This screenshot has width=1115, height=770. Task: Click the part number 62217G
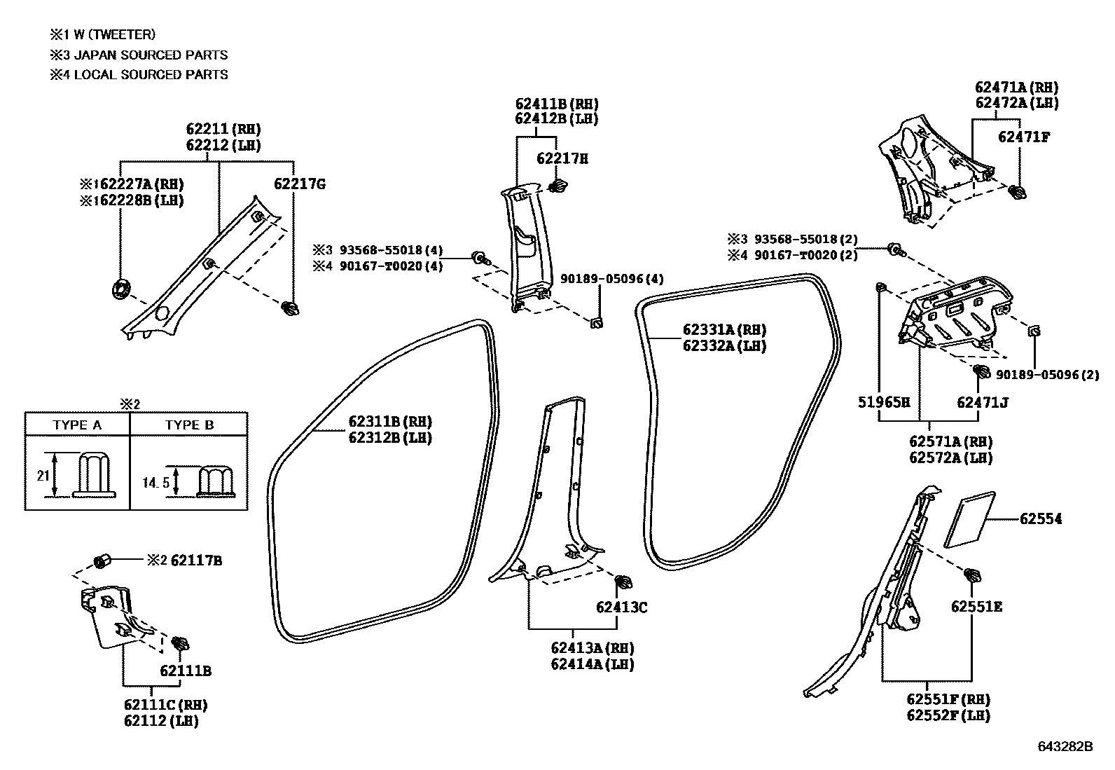[x=299, y=185]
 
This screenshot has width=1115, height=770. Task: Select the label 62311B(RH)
[x=389, y=422]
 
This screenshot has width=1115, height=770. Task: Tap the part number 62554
[x=1040, y=519]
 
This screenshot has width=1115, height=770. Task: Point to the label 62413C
[x=622, y=607]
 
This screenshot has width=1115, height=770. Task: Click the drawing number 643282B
[x=1065, y=747]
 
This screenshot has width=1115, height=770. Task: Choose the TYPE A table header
[x=77, y=425]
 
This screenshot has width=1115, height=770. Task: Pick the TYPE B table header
[x=189, y=425]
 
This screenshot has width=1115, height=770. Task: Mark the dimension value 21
[x=43, y=476]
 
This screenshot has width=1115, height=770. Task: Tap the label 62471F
[x=1024, y=137]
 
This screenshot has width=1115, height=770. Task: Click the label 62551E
[x=976, y=607]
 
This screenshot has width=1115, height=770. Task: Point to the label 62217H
[x=562, y=159]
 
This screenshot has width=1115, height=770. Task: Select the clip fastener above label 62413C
[x=621, y=582]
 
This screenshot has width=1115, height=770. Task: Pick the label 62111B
[x=185, y=671]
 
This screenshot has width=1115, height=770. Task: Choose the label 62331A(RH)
[x=724, y=330]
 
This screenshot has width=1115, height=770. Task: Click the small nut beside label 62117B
[x=102, y=561]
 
